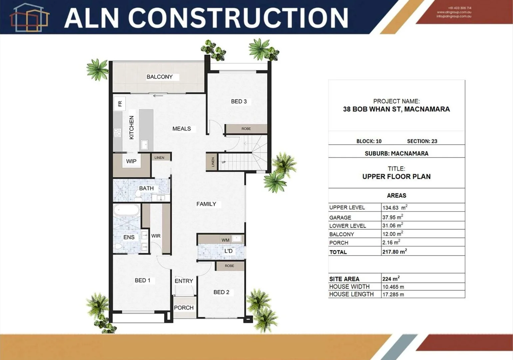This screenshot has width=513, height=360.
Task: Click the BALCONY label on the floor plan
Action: (x=160, y=77)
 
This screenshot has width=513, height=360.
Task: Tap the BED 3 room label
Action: (x=239, y=101)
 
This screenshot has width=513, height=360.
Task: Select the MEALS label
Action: (x=182, y=129)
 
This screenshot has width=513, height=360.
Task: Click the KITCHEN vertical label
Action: (x=132, y=128)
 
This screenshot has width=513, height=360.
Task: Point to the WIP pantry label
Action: (x=131, y=161)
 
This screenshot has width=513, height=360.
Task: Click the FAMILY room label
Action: (x=206, y=204)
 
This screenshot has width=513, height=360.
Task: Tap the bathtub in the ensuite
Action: (x=127, y=211)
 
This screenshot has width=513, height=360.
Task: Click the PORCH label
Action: (x=184, y=308)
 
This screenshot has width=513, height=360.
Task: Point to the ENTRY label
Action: (x=184, y=281)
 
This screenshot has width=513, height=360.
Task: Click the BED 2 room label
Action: (x=221, y=292)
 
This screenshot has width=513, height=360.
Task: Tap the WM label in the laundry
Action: (x=226, y=240)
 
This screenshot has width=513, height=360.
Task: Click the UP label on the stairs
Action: (x=224, y=162)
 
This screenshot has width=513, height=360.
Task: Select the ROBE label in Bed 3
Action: (x=246, y=129)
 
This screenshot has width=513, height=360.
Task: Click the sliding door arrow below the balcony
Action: (x=158, y=96)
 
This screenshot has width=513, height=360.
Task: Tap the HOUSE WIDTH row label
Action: (x=349, y=287)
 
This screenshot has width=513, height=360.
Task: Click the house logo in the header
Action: (x=29, y=17)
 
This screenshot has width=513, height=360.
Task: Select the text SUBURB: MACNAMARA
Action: (x=396, y=154)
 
